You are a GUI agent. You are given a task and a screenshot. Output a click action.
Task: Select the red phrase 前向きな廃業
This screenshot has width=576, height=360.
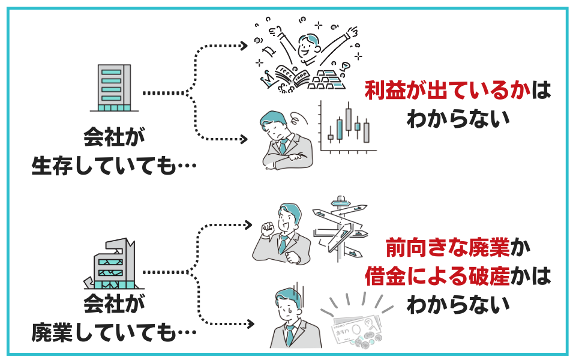[448, 247]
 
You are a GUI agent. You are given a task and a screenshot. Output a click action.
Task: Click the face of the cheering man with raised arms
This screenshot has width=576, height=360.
[309, 47]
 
